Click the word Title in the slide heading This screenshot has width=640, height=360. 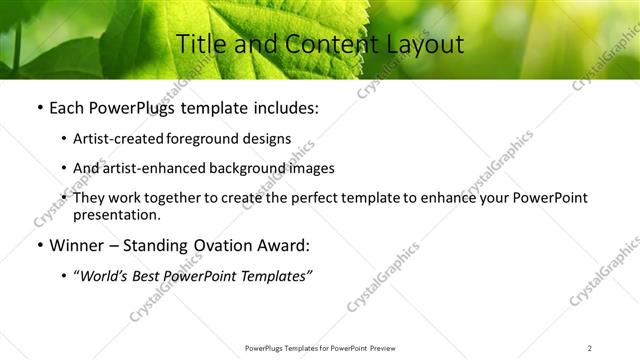[x=200, y=44]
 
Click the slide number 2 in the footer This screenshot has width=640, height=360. [x=590, y=347]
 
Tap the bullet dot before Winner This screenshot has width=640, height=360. [x=39, y=246]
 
